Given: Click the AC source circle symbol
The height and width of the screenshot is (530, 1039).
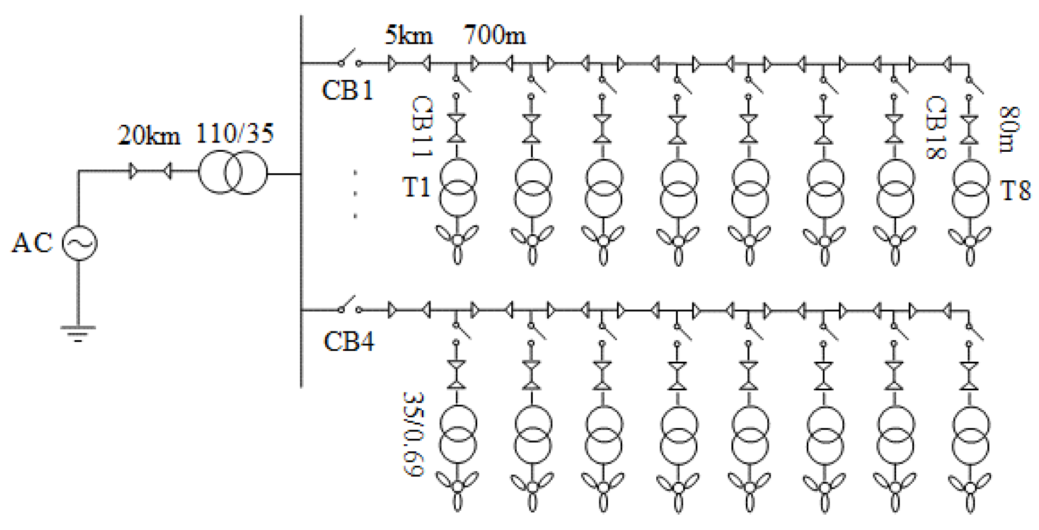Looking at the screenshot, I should [x=79, y=243].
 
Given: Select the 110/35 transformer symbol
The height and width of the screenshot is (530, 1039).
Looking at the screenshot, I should [x=232, y=174].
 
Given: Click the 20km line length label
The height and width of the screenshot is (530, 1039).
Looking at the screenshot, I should [x=149, y=135].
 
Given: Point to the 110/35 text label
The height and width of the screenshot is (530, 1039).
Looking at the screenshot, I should [x=235, y=133].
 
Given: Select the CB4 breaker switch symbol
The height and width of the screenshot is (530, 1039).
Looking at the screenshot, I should [x=349, y=306].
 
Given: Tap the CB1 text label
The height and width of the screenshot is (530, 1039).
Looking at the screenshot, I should [x=348, y=90].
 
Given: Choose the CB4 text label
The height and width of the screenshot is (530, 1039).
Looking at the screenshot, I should [x=349, y=341].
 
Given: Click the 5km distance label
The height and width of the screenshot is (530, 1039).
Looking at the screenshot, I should [x=409, y=35].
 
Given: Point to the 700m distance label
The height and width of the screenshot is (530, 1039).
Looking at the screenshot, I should [x=495, y=35].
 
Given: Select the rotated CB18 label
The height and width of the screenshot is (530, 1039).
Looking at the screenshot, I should [x=935, y=128].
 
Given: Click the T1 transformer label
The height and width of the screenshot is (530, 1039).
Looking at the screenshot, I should [x=416, y=187].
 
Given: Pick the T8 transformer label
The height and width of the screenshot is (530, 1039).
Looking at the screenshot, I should [x=1016, y=191].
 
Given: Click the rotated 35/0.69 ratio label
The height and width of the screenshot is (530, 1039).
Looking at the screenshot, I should [x=414, y=434].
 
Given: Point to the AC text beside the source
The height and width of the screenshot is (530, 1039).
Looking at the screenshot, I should [x=32, y=243].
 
